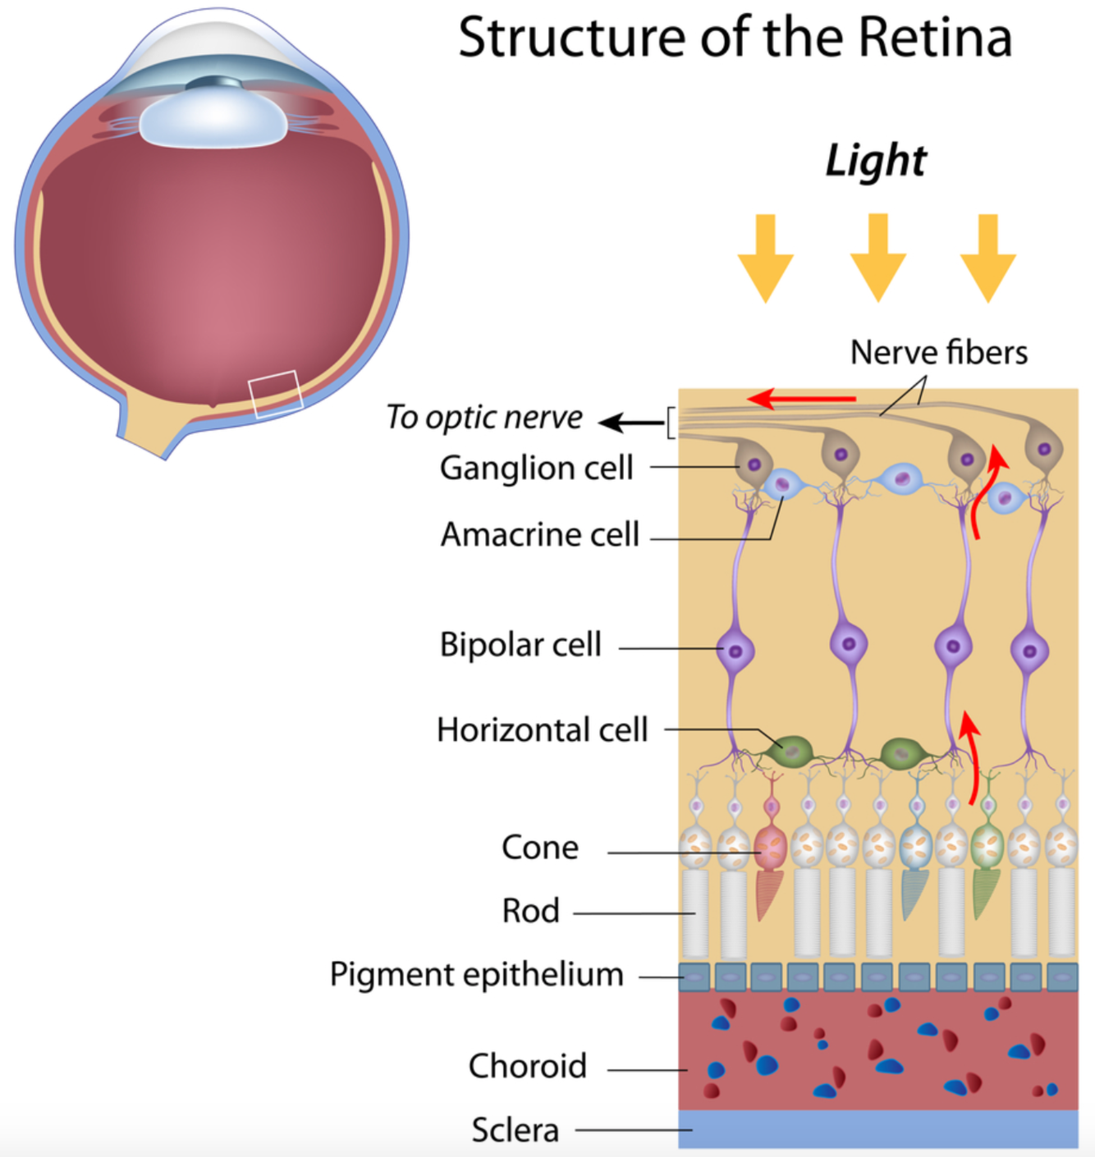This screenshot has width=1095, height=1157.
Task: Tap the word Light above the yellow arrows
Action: pos(876,160)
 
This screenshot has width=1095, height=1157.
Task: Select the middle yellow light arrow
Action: pos(877,257)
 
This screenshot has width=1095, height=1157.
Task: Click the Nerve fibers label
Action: pos(938,353)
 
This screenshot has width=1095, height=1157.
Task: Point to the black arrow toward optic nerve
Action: pos(630,423)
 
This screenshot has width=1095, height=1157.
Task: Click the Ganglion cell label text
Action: pos(536,468)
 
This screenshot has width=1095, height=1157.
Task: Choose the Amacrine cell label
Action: pos(539,534)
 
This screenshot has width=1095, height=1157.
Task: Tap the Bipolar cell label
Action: pos(520,645)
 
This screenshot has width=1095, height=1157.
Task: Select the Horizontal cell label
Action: pos(542,729)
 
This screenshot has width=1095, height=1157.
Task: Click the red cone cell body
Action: pos(770,848)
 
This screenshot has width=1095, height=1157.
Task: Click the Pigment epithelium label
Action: pos(476,975)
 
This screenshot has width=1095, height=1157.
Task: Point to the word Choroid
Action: pos(527,1066)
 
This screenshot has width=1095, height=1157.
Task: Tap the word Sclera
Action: pos(515,1130)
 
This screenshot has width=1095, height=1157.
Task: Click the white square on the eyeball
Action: pos(276,394)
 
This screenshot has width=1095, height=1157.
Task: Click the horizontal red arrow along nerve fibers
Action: pos(801,400)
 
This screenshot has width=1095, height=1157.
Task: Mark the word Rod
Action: pos(530,911)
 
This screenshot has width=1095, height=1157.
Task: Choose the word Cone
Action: pos(539,848)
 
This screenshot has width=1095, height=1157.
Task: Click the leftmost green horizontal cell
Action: pos(791,751)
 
